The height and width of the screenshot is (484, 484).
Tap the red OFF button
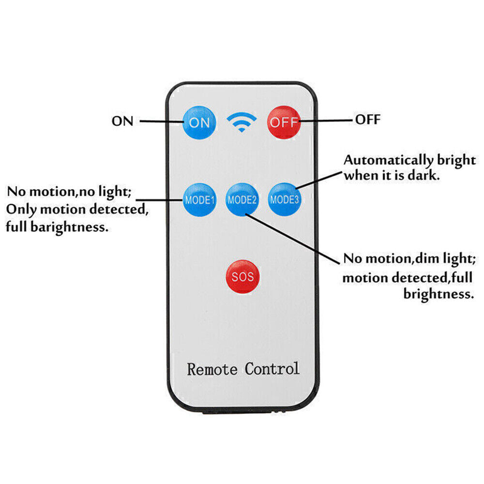[284, 121]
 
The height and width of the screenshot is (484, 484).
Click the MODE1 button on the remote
[199, 199]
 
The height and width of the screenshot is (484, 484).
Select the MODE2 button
[242, 199]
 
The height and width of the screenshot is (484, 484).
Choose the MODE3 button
[285, 199]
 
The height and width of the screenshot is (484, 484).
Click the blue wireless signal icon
[242, 122]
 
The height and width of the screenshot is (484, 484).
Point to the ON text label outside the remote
[122, 121]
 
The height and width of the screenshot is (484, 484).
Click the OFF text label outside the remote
[368, 119]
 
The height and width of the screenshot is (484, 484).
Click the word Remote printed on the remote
[212, 369]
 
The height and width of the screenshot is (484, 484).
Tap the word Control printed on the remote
[272, 368]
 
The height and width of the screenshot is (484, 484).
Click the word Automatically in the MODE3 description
[381, 160]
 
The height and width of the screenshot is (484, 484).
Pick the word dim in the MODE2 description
[425, 258]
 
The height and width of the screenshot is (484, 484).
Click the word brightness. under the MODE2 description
[439, 293]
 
